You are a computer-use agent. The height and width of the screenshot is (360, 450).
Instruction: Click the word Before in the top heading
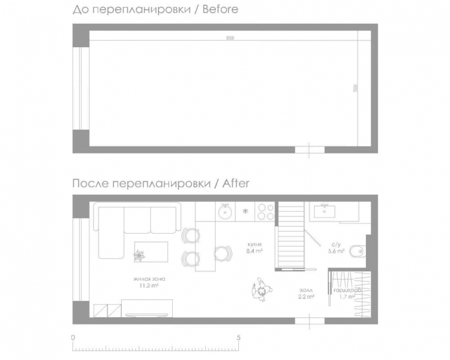219,9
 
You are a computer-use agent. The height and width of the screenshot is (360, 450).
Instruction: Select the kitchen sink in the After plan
226,210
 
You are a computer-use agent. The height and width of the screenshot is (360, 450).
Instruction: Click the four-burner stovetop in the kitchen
265,211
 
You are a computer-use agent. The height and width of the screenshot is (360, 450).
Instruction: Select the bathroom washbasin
323,210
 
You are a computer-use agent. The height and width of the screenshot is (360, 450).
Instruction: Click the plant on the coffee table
139,256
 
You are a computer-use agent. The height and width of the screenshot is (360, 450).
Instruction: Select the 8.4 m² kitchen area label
254,249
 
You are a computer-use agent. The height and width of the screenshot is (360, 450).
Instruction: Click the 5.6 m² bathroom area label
336,248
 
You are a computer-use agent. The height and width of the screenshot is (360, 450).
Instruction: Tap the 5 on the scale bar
239,338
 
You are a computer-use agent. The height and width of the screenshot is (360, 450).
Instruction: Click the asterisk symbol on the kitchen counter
245,211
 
